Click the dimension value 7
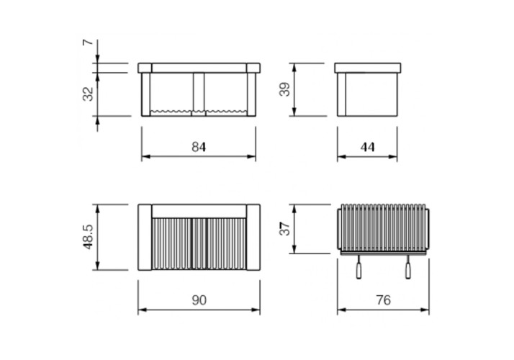[x=88, y=42]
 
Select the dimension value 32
[x=88, y=94]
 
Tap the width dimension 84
[x=199, y=147]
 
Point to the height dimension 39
[x=284, y=89]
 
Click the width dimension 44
[x=367, y=147]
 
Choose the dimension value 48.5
[x=88, y=237]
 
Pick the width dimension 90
[x=199, y=300]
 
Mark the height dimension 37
[x=284, y=228]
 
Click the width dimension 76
[x=383, y=300]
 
